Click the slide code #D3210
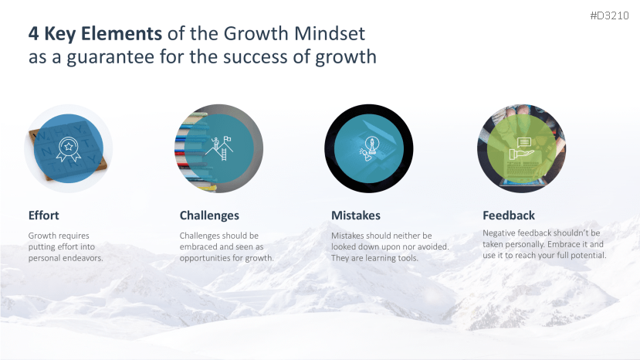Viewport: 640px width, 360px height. point(609,15)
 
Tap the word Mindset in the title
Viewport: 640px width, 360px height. point(330,33)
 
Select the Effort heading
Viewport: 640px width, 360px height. point(44,216)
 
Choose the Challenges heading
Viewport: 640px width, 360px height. point(209,216)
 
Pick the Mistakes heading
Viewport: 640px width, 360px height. point(356,216)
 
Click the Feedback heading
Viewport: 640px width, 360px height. point(509,216)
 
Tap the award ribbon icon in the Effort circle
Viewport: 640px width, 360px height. point(68,149)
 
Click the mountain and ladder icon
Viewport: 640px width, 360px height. point(219,148)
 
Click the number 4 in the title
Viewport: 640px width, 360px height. point(33,34)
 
